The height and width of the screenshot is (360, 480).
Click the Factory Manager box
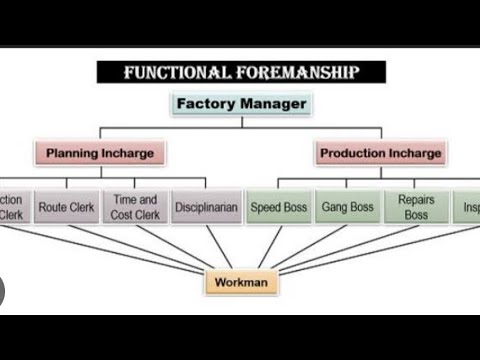click(241, 103)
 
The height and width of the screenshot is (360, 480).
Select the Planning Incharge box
click(100, 154)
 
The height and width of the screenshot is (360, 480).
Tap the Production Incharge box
click(379, 154)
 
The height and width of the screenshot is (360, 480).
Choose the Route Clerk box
click(66, 207)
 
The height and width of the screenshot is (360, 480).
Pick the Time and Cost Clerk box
click(135, 207)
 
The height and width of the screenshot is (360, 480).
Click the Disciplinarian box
click(204, 207)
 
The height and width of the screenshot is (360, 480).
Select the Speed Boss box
click(279, 207)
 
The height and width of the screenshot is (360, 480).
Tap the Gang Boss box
click(347, 207)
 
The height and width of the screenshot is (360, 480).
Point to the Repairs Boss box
click(416, 207)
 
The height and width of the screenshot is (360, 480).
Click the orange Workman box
click(241, 283)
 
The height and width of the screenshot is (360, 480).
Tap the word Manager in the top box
click(271, 103)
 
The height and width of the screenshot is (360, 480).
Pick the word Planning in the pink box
click(73, 154)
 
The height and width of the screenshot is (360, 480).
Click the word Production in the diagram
click(353, 154)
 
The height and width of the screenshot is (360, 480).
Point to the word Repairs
click(416, 200)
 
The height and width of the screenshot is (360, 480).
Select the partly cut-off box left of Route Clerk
click(13, 207)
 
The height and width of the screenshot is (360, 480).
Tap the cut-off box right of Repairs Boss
click(468, 207)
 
